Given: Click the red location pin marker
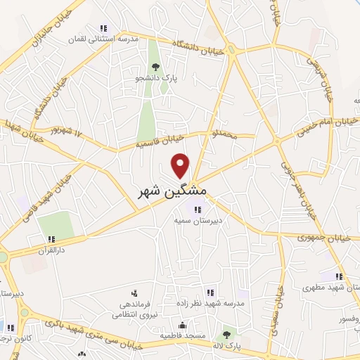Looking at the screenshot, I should tap(181, 165).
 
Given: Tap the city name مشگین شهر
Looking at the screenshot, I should tap(173, 191).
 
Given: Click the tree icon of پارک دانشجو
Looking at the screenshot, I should tap(155, 67).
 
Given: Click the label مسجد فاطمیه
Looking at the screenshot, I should tap(183, 335).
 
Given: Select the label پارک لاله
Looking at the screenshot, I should tap(226, 345).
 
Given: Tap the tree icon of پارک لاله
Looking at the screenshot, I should tap(226, 335).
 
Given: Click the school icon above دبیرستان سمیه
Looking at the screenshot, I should tap(198, 209).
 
